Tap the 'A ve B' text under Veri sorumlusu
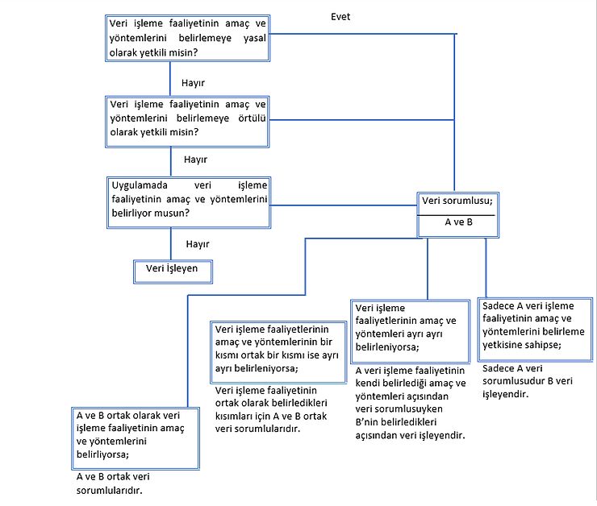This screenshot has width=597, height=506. click(x=457, y=223)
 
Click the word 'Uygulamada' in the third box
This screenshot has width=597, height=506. click(x=139, y=185)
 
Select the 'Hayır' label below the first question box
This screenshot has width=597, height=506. click(x=193, y=82)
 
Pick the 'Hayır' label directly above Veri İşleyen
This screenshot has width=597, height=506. click(x=198, y=244)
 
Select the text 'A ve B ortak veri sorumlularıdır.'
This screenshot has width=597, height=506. click(x=114, y=483)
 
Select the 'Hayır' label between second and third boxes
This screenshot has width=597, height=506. click(x=196, y=160)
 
